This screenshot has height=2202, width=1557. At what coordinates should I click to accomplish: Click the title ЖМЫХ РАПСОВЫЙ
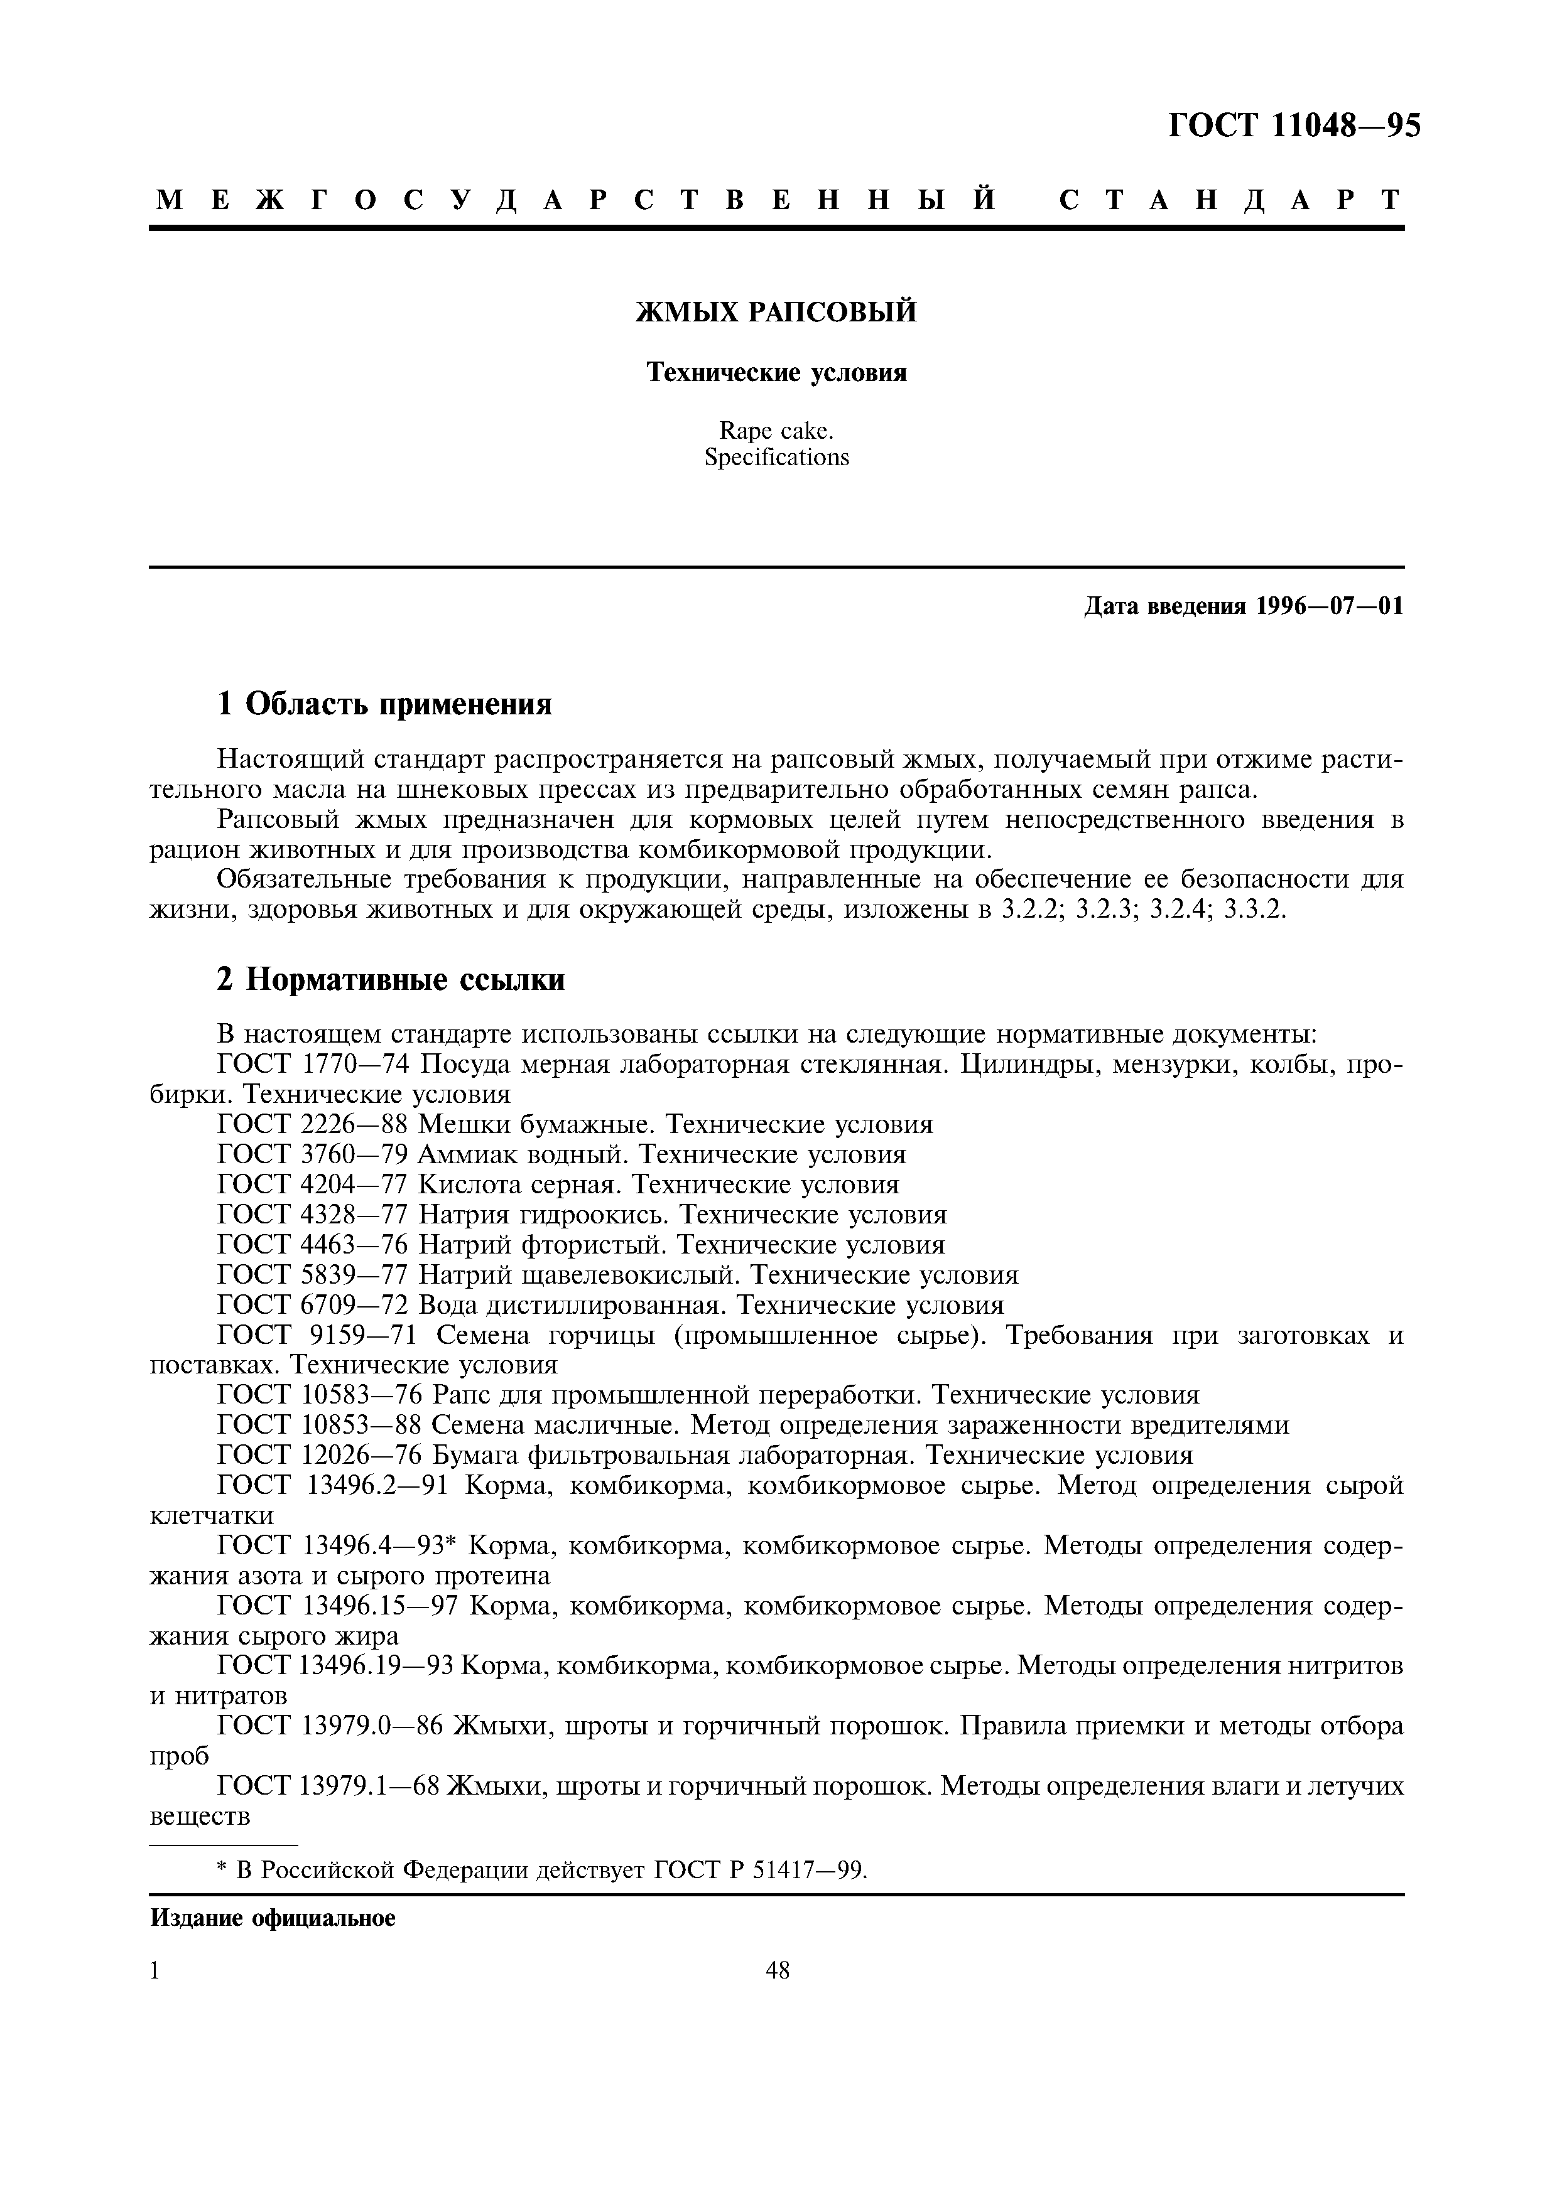pyautogui.click(x=777, y=312)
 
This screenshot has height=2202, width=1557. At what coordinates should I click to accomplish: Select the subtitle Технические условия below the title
pyautogui.click(x=777, y=372)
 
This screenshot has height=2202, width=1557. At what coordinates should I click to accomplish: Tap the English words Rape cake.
pyautogui.click(x=777, y=432)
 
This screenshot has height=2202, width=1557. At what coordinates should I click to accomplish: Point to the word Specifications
pyautogui.click(x=777, y=458)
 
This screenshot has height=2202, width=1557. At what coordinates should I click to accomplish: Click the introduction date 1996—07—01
pyautogui.click(x=1328, y=606)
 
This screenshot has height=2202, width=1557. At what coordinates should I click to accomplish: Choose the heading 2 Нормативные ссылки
pyautogui.click(x=391, y=979)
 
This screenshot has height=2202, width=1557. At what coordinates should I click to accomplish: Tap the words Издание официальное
pyautogui.click(x=273, y=1918)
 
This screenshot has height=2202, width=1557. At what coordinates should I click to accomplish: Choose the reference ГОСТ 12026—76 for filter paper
pyautogui.click(x=320, y=1456)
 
